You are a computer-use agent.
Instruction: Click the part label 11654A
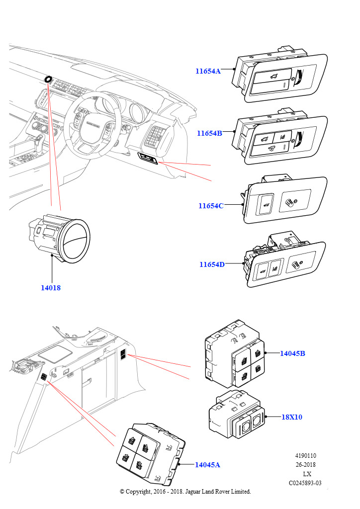coord(208,71)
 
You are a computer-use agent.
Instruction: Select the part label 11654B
coord(209,133)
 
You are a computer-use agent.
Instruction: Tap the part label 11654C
coord(211,206)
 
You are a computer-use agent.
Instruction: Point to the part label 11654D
coord(212,264)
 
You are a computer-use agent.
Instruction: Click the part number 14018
coord(51,287)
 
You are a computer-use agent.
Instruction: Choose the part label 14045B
coord(292,353)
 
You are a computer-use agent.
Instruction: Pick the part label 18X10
coord(292,417)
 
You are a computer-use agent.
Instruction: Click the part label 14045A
coord(207,465)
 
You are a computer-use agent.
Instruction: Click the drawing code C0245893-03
coord(305,483)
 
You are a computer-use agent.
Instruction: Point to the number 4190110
coord(305,456)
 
